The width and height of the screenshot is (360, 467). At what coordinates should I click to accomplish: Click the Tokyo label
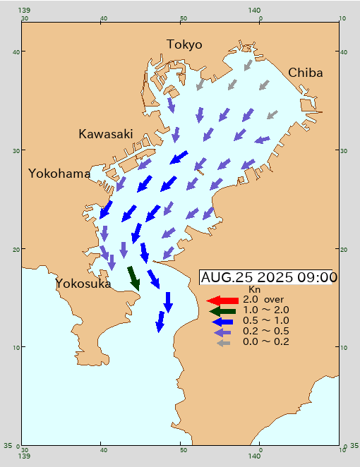click(x=184, y=44)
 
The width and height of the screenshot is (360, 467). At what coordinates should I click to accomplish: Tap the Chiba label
click(x=305, y=73)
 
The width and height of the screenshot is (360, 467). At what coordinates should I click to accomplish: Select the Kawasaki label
click(x=105, y=133)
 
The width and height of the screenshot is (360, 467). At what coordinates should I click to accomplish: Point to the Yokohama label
click(x=59, y=174)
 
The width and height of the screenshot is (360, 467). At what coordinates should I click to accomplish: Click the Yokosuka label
click(x=83, y=284)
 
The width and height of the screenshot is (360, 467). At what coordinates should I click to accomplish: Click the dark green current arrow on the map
click(x=133, y=277)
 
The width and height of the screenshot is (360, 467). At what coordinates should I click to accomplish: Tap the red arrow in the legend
click(x=222, y=300)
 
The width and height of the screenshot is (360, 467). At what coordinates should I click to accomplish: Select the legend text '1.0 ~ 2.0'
click(x=265, y=310)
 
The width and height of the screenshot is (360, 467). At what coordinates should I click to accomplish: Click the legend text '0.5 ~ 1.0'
click(x=265, y=320)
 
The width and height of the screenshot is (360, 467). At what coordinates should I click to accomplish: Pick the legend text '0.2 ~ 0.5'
click(x=265, y=331)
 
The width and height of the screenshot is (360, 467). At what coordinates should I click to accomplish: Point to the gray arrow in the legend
click(x=223, y=342)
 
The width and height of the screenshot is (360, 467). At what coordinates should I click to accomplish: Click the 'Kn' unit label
click(x=254, y=289)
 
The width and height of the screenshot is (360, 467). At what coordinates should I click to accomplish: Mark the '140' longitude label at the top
click(x=260, y=10)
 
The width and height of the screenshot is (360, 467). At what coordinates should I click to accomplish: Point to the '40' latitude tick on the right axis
click(x=345, y=51)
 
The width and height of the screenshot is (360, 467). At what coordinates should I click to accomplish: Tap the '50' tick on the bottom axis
click(x=182, y=450)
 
